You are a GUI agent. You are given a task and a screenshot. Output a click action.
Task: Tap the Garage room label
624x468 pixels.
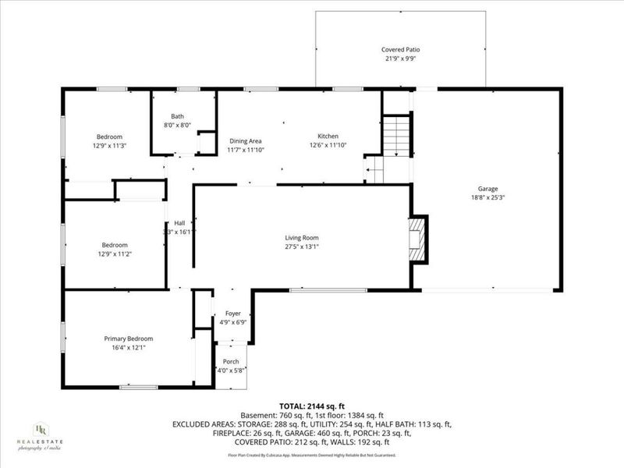488,189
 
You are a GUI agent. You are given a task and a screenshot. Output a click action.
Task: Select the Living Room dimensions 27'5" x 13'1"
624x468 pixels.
301,246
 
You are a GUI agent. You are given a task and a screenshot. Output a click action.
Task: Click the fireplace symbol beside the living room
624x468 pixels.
420,239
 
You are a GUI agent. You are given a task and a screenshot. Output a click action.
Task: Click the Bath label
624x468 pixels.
178,117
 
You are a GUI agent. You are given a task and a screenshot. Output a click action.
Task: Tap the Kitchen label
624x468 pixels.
328,136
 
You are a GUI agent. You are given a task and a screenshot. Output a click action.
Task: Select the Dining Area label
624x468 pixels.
244,140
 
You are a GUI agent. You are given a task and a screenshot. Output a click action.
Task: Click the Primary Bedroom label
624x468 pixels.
129,339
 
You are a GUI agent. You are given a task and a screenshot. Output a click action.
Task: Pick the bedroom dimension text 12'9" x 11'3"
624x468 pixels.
109,145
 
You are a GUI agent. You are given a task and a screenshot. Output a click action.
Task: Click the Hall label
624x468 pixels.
179,223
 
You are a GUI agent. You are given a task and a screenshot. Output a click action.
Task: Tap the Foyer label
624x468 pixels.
232,313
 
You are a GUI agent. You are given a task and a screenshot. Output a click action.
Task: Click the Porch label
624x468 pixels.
231,361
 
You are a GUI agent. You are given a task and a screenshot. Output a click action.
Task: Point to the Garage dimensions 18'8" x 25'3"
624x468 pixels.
488,197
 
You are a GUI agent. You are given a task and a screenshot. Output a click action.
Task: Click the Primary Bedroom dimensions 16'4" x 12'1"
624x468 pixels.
129,347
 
